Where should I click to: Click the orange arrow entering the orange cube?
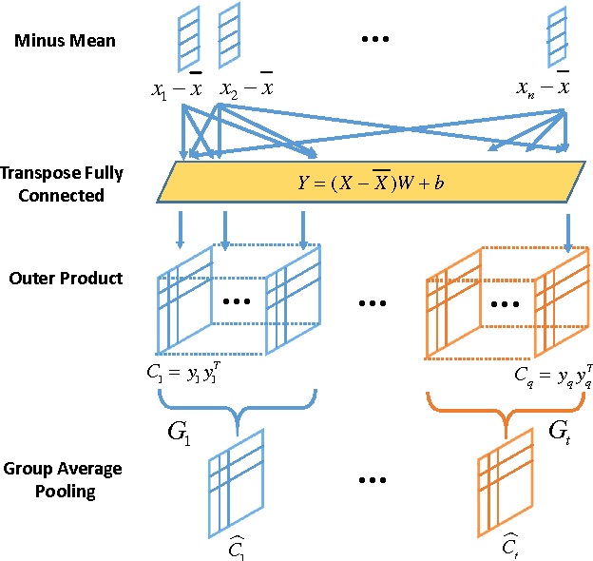point(568,233)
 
